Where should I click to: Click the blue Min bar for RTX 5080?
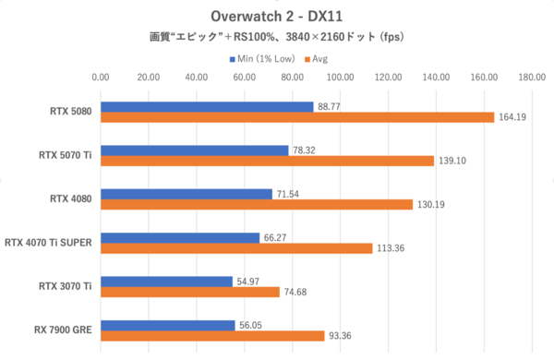click(207, 107)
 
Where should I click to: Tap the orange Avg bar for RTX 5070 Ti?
click(267, 161)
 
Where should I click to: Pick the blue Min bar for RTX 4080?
click(187, 194)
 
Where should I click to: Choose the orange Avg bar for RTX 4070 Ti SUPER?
click(236, 247)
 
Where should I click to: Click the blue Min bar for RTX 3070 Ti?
click(166, 281)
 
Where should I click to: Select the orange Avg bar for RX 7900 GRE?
click(212, 335)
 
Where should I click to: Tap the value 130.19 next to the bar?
click(432, 204)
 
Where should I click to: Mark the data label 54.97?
click(248, 281)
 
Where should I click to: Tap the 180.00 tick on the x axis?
click(531, 78)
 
